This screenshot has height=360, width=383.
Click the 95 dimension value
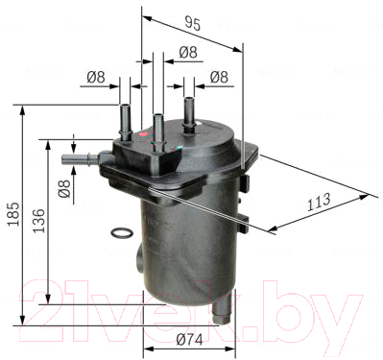[193, 24]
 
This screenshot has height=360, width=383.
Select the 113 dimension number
[319, 202]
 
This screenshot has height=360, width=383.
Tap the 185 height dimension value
[13, 214]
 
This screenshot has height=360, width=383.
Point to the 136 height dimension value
[38, 221]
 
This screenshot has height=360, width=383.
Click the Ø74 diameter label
[189, 340]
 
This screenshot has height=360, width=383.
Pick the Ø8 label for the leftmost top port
[96, 77]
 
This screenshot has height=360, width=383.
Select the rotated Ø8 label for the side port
[64, 188]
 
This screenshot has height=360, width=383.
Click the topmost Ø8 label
[188, 52]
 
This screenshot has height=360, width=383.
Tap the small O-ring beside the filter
[121, 232]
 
